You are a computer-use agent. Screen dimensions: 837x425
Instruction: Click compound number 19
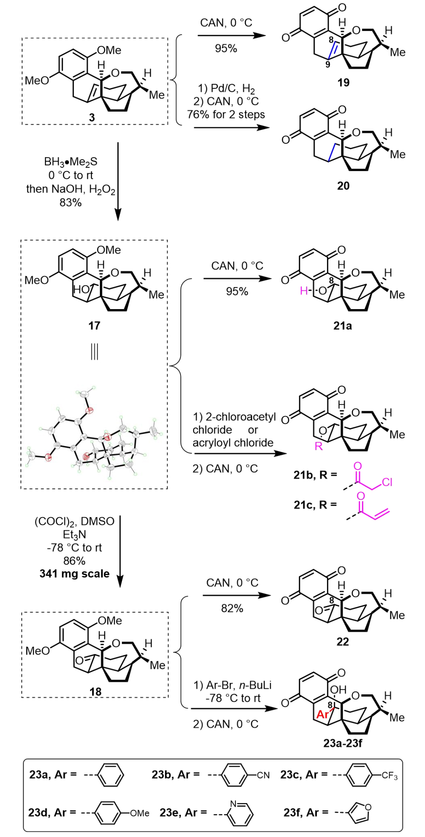(x=343, y=82)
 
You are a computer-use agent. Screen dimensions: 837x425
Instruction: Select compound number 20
(x=343, y=186)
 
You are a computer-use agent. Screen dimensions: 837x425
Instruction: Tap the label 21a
(x=342, y=325)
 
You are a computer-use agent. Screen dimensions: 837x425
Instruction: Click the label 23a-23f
(x=343, y=743)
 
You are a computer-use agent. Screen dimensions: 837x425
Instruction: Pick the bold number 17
(x=94, y=325)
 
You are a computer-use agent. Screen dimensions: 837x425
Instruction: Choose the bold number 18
(x=95, y=692)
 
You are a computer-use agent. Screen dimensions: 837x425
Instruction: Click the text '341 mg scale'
(x=75, y=574)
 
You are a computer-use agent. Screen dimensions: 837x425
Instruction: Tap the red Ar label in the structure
(x=323, y=714)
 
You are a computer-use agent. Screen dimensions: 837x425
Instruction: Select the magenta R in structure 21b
(x=318, y=446)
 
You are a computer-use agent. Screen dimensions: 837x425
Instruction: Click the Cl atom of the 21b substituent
(x=387, y=483)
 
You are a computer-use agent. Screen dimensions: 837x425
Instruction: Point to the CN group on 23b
(x=263, y=775)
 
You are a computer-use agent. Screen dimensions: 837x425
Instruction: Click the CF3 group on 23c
(x=390, y=776)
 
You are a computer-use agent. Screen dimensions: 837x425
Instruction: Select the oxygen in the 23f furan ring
(x=368, y=807)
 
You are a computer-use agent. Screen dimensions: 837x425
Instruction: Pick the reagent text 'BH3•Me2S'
(x=71, y=162)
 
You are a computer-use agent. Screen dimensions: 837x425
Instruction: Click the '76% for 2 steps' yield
(x=226, y=114)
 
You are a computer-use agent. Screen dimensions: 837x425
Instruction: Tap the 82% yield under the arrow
(x=232, y=608)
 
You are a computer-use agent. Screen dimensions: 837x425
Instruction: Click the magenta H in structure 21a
(x=304, y=291)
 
